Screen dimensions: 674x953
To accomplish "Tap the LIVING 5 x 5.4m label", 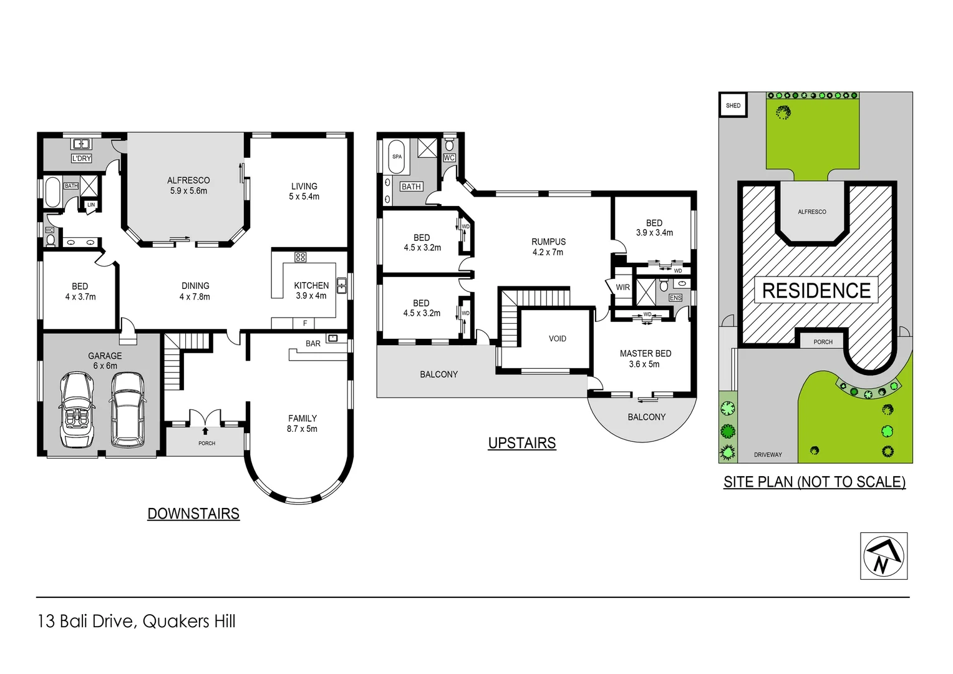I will click(x=304, y=191).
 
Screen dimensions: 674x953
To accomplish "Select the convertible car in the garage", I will click(x=77, y=409).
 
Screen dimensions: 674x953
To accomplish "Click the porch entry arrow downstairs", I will click(x=206, y=431).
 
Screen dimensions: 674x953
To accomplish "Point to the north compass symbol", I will click(x=883, y=556).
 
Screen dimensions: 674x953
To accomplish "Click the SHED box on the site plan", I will click(x=733, y=105).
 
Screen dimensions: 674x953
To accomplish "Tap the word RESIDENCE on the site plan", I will click(x=816, y=291).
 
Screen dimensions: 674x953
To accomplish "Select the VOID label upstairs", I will click(x=557, y=339).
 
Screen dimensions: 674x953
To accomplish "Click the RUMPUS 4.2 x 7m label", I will click(x=548, y=247).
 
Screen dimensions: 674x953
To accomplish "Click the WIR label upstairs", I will click(x=622, y=287).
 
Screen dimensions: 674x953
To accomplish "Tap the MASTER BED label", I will click(x=645, y=358).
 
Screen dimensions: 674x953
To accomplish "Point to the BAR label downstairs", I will click(x=313, y=343).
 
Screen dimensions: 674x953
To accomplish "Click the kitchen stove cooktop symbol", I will click(x=300, y=257).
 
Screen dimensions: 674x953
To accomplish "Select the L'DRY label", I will click(x=82, y=159).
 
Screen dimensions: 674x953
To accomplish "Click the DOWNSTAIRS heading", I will click(x=193, y=514).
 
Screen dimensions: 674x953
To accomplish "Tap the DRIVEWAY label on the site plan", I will click(x=767, y=455).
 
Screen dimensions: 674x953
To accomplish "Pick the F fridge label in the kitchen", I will click(x=305, y=323).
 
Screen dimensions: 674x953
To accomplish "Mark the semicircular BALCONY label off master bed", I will click(x=646, y=417).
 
